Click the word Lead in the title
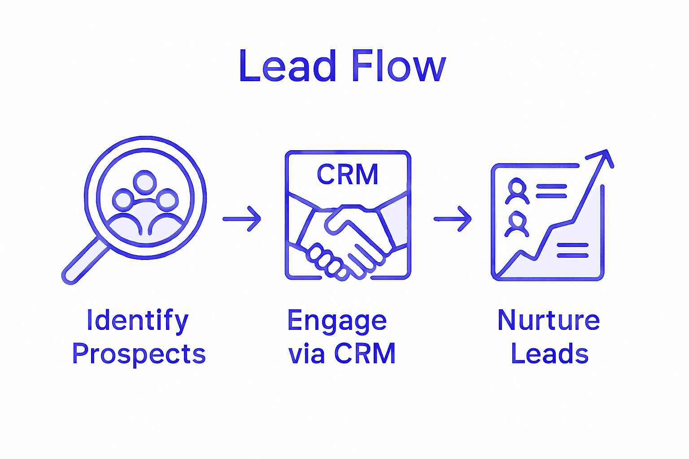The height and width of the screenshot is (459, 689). click(288, 66)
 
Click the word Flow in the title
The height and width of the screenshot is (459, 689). click(399, 66)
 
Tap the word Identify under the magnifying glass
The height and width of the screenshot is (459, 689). click(137, 321)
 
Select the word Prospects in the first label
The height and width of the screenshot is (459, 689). click(139, 354)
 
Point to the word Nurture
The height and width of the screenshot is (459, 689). click(548, 320)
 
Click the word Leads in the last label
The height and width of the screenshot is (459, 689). click(549, 354)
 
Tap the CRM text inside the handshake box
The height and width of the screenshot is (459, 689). click(348, 174)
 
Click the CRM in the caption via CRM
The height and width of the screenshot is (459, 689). click(365, 354)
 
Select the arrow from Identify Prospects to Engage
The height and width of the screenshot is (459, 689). click(242, 219)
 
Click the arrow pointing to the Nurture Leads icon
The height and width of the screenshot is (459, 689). click(453, 219)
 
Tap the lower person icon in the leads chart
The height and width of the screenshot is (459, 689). click(517, 225)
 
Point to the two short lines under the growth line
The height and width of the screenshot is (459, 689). click(572, 251)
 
